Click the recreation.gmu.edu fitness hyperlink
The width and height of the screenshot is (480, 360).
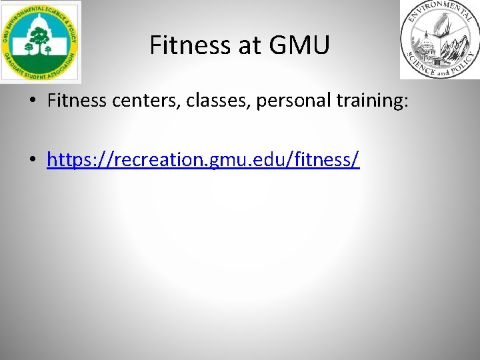click(x=203, y=160)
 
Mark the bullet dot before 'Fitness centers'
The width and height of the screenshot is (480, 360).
click(x=33, y=102)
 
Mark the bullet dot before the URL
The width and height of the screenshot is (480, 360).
click(x=33, y=161)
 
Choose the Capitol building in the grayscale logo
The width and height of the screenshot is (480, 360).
click(x=424, y=50)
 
